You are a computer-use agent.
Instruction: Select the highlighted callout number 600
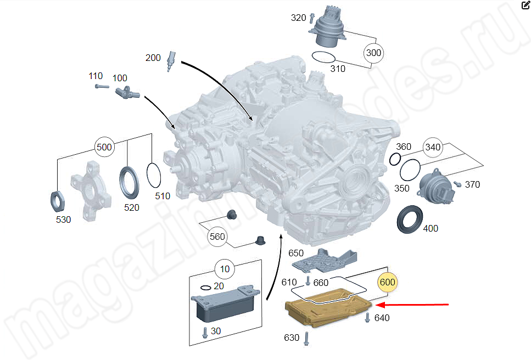tap(387, 282)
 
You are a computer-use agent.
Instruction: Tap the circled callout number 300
tap(373, 53)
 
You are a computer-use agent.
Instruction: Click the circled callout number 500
tap(104, 147)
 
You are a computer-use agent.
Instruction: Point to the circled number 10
tap(225, 269)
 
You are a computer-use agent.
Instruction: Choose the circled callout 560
tap(217, 237)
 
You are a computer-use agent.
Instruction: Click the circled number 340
tap(433, 147)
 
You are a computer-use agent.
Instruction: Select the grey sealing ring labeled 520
tap(130, 182)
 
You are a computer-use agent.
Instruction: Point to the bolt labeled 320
tap(312, 18)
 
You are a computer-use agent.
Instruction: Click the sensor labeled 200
tap(171, 60)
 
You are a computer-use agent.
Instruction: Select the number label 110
tap(96, 76)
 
